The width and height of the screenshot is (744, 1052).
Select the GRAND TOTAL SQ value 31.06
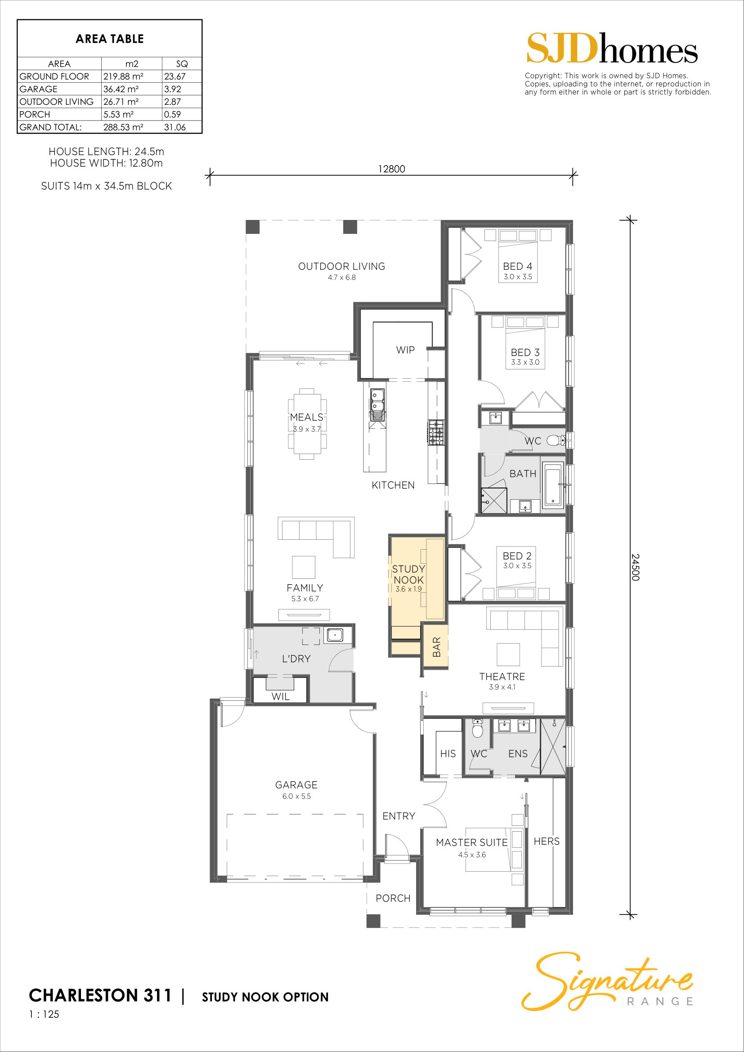175,127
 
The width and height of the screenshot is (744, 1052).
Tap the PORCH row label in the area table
34,115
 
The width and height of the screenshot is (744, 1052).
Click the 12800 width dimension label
392,169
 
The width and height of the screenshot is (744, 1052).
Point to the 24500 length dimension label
635,567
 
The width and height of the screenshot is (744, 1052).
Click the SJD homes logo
612,48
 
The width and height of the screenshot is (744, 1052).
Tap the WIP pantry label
405,350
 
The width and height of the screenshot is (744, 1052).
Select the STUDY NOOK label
408,574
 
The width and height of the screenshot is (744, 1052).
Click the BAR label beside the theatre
437,647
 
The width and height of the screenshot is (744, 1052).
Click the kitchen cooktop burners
436,433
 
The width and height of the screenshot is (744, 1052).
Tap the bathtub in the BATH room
553,485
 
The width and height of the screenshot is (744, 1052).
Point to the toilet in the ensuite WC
478,729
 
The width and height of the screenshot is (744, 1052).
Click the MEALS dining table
307,424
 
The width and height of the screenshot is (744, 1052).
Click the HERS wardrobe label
547,841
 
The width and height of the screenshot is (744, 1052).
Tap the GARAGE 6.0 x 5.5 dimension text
296,797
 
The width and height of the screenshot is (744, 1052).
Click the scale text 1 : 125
44,1014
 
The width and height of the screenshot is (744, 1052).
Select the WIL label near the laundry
280,697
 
